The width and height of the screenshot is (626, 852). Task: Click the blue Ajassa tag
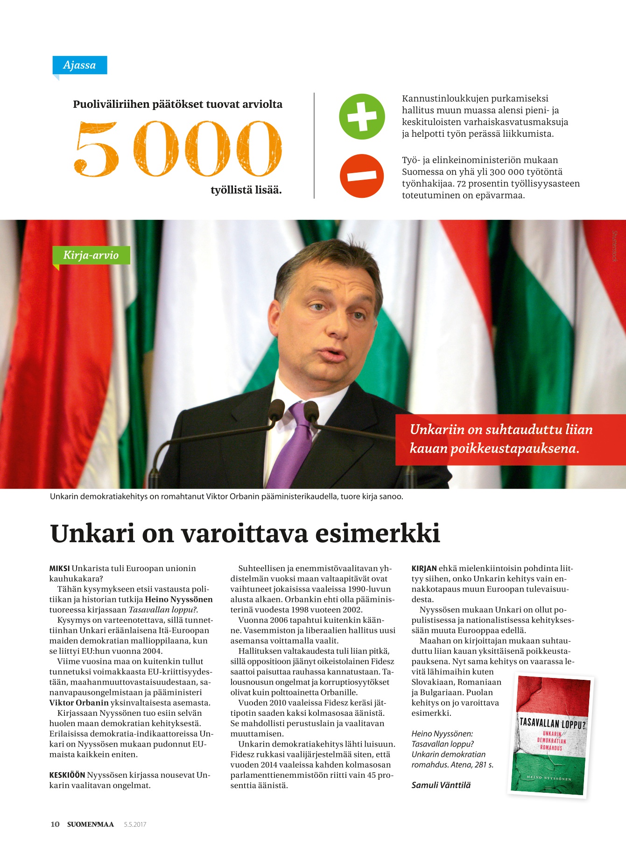click(x=79, y=65)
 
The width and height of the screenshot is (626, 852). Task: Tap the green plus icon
click(x=362, y=117)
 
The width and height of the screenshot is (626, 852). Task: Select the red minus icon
click(x=362, y=176)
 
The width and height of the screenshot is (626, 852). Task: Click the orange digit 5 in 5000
click(x=96, y=149)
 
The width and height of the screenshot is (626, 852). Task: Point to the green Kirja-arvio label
click(x=91, y=255)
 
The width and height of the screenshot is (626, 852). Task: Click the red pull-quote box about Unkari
click(x=500, y=439)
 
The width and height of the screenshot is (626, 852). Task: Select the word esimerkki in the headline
click(x=378, y=533)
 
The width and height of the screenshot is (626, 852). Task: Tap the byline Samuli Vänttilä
click(x=441, y=785)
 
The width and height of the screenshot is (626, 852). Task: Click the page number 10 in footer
click(x=55, y=824)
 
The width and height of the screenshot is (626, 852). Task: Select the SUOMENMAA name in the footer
click(x=91, y=824)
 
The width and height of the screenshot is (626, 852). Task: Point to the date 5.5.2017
click(x=135, y=824)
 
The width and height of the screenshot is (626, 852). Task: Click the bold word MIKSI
click(x=60, y=568)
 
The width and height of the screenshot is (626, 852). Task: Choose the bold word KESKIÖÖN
click(x=67, y=775)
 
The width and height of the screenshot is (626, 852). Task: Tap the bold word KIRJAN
click(x=424, y=568)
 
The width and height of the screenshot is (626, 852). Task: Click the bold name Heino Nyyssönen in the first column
click(x=179, y=600)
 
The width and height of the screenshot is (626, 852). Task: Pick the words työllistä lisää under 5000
click(x=246, y=190)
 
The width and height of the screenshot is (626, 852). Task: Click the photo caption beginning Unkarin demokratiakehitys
click(x=226, y=496)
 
